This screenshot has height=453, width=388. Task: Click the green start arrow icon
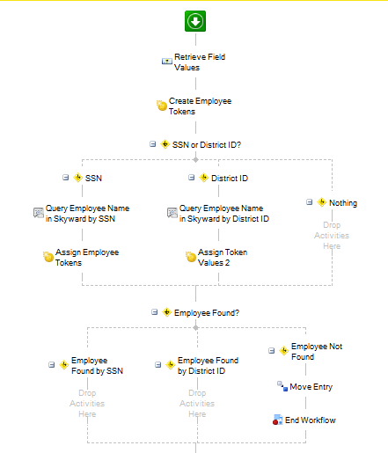tap(195, 21)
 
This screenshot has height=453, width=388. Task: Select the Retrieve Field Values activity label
tap(200, 62)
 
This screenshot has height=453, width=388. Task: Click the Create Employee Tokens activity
tap(200, 106)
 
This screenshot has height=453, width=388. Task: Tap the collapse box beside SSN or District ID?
tap(153, 144)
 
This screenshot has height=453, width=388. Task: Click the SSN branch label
tap(93, 179)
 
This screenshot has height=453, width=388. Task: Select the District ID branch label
tap(230, 179)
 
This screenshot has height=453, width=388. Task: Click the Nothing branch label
tap(343, 203)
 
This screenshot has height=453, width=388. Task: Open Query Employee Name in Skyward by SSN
tap(87, 214)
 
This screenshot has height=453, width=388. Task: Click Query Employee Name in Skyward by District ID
tap(224, 214)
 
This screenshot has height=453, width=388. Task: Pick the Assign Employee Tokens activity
tap(87, 258)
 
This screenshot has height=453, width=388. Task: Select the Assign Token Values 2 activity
tap(223, 258)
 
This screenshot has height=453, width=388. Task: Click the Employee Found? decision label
tap(207, 313)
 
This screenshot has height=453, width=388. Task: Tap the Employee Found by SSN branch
tap(97, 366)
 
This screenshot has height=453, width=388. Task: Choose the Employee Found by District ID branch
tap(208, 366)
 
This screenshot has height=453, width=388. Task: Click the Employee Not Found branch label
tap(317, 352)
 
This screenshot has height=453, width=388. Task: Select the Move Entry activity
tap(311, 387)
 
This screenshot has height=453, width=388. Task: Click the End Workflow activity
tap(311, 420)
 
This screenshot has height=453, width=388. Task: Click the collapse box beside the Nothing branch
tap(310, 202)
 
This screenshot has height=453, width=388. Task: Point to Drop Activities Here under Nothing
tap(332, 236)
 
